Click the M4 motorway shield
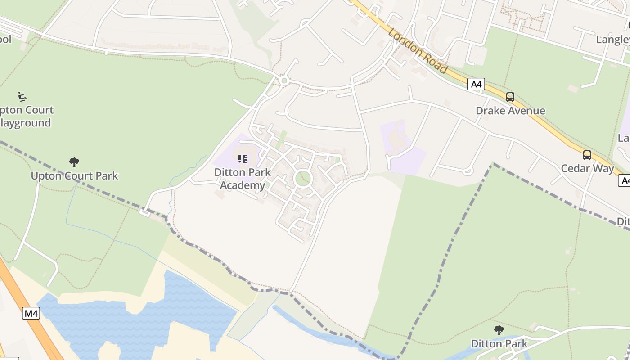click(x=31, y=313)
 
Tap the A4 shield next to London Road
click(x=476, y=84)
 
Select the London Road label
click(x=418, y=50)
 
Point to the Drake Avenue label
click(x=510, y=111)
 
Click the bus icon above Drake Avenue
click(x=510, y=97)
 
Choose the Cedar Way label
click(x=587, y=169)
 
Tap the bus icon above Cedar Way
click(x=587, y=155)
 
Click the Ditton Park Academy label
click(x=243, y=179)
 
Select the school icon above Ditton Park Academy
click(x=243, y=158)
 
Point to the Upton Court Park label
click(x=74, y=175)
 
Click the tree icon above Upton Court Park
click(x=74, y=162)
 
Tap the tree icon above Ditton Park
click(x=499, y=330)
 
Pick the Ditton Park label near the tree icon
click(x=499, y=344)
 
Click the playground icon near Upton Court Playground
click(x=22, y=96)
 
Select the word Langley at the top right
click(x=612, y=40)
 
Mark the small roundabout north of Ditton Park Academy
click(x=284, y=81)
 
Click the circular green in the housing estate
click(x=303, y=179)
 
